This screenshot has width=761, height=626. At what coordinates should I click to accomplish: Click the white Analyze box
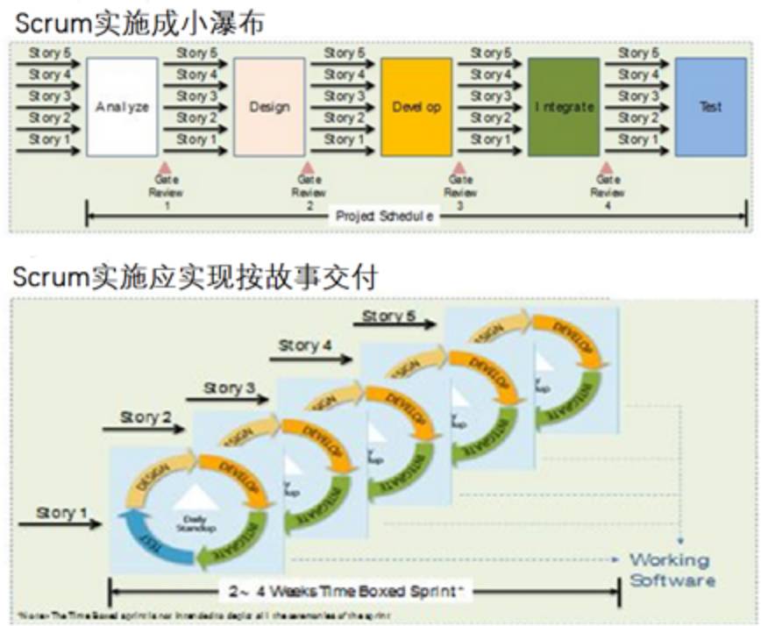coord(122,106)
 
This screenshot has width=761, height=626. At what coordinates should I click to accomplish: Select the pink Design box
coord(269,106)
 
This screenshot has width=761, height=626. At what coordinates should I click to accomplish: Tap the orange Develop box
coord(416,106)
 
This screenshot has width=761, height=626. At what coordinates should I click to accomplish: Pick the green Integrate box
coord(564,106)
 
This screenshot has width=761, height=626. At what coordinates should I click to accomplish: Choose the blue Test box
coord(710,106)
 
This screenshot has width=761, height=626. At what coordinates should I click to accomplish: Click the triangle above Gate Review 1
coord(161,167)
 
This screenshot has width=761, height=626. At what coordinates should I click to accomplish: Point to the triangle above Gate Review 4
coord(605,167)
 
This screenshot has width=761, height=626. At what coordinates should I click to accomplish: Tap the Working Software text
coord(671,570)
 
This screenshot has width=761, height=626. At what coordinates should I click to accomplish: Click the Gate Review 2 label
coord(309,192)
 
